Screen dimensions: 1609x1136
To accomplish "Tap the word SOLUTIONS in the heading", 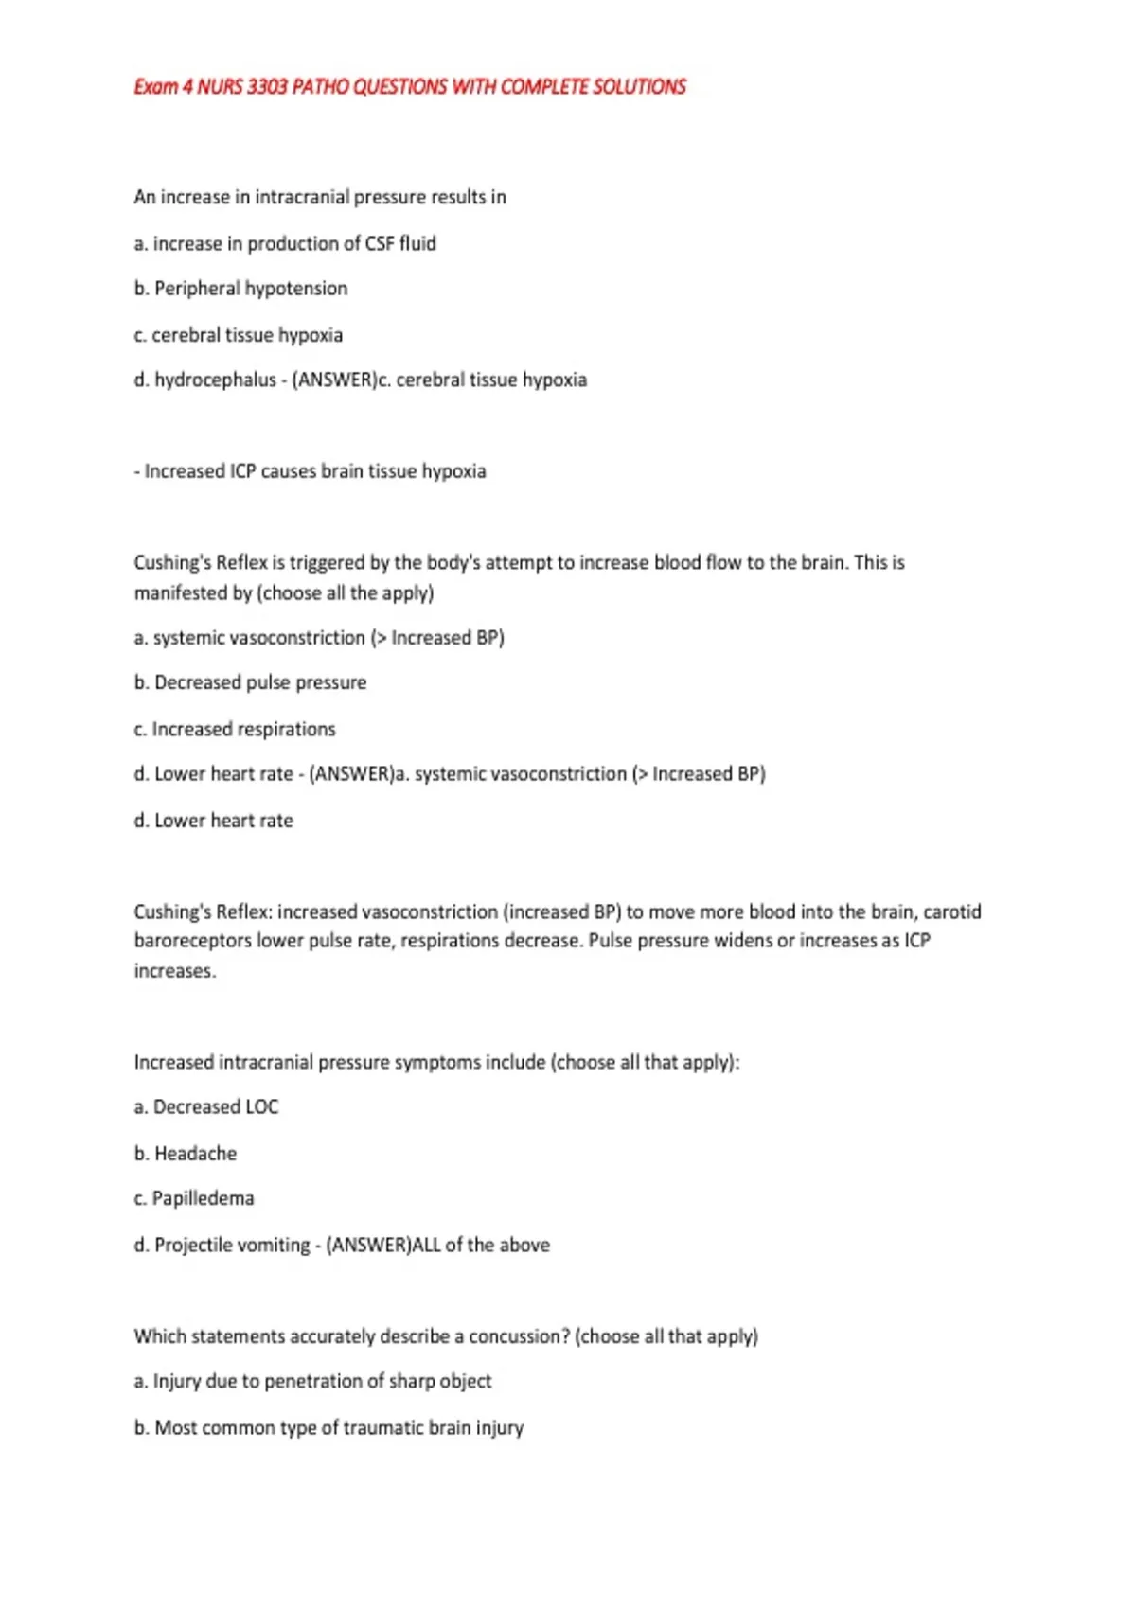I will point(639,87).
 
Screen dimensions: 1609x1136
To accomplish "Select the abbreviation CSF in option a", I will point(379,243).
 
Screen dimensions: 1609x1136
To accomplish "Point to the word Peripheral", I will point(197,288).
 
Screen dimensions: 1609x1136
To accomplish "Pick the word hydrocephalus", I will point(215,380).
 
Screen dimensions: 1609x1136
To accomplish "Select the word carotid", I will point(951,911).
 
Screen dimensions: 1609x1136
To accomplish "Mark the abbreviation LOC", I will point(261,1106).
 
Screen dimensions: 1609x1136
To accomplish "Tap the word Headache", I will point(195,1153).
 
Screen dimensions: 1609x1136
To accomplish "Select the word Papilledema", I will point(203,1198).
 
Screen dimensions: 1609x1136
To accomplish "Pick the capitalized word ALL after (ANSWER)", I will point(426,1245).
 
